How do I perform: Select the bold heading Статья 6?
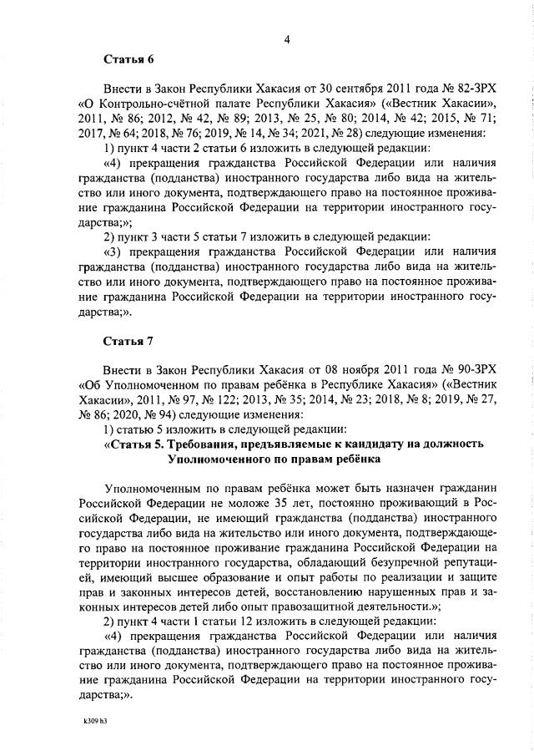click(126, 59)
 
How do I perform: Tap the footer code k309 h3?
click(96, 719)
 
